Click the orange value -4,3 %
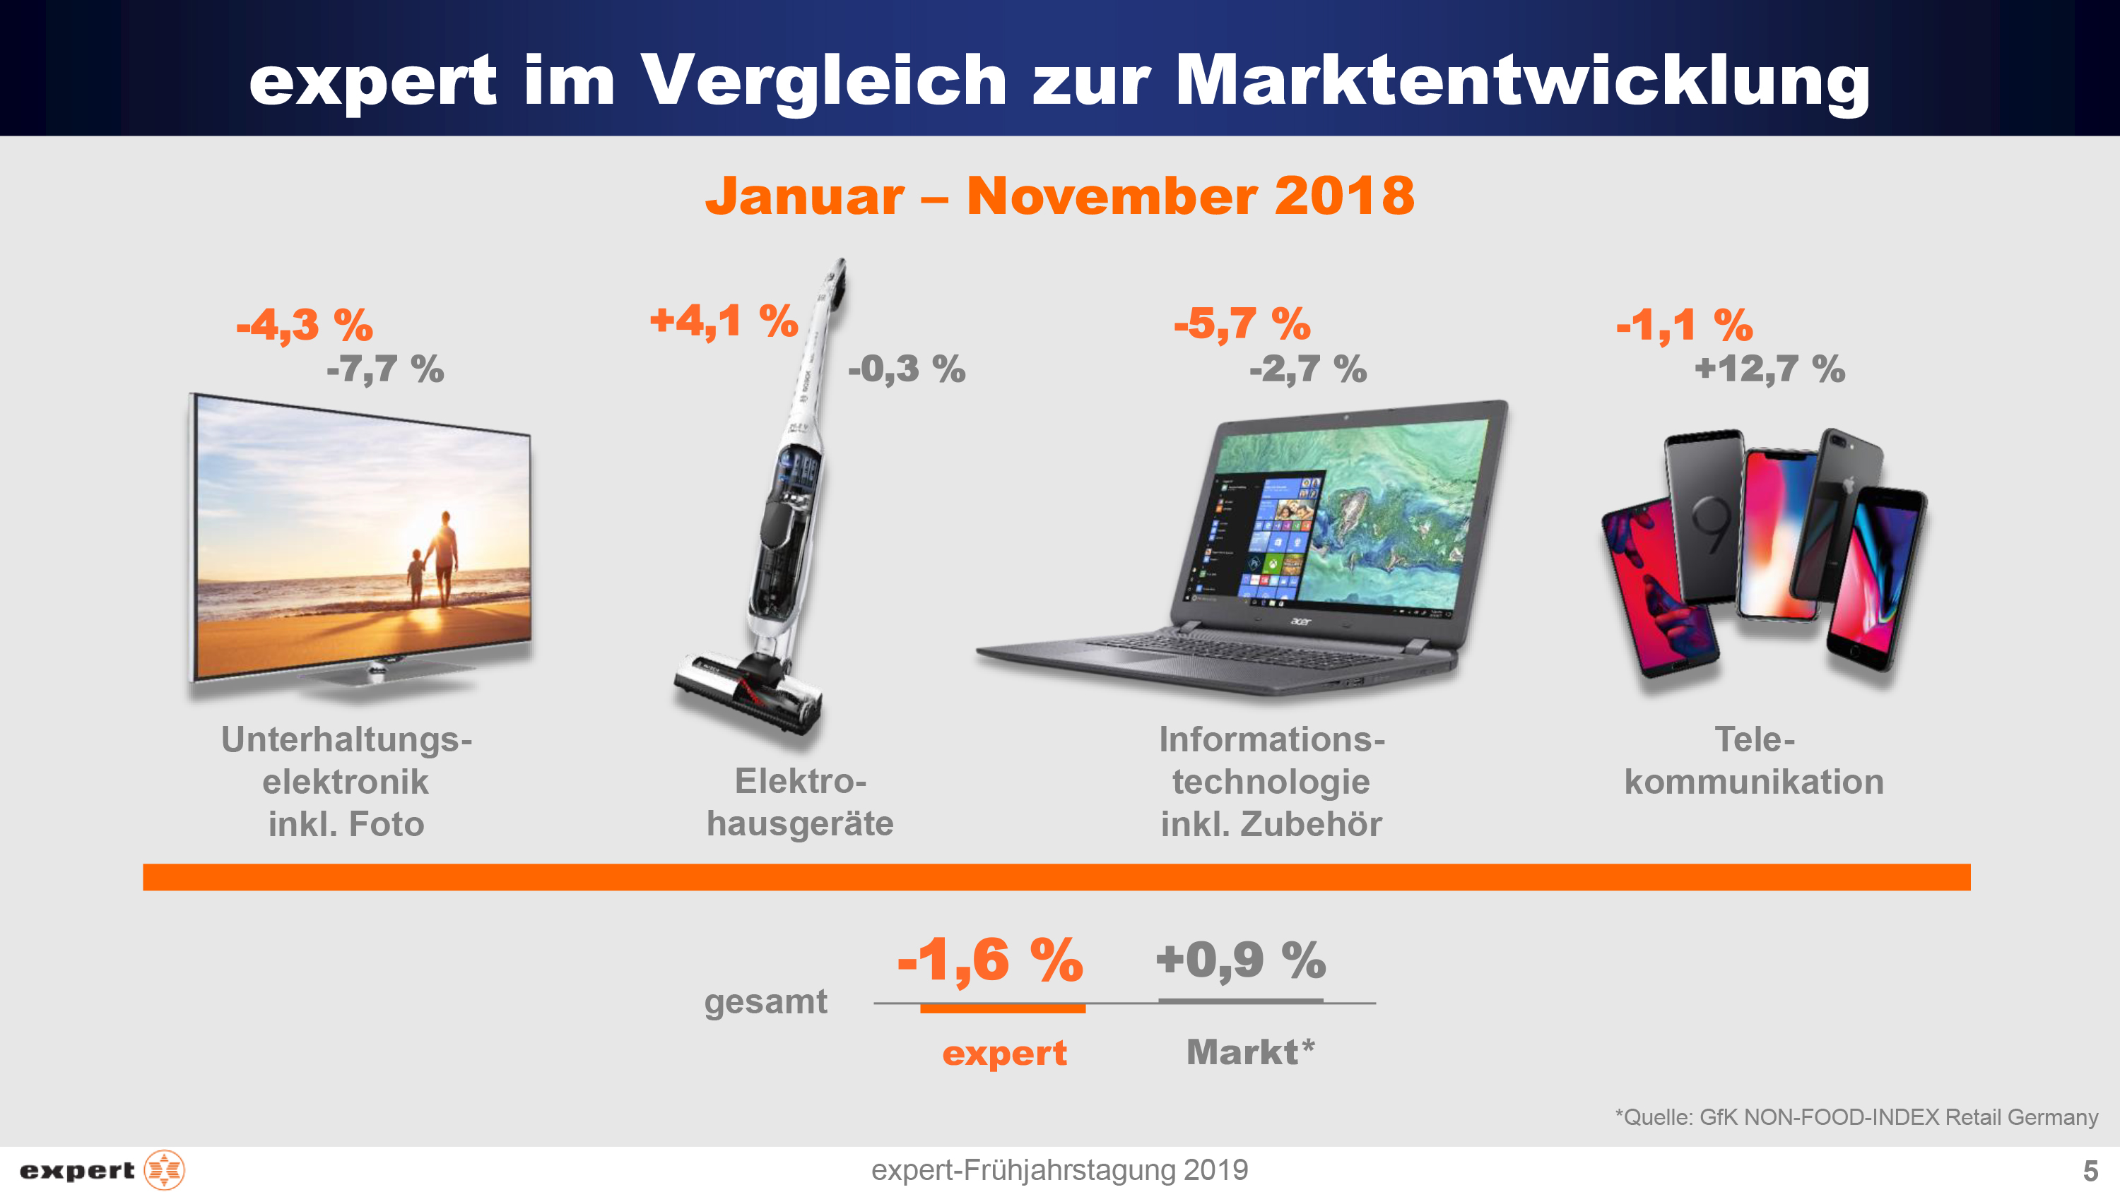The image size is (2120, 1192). click(x=305, y=325)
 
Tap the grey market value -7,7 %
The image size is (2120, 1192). click(x=385, y=369)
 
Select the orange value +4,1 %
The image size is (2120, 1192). click(x=724, y=321)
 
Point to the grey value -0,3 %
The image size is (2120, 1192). click(x=906, y=369)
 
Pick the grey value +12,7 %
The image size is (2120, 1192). click(x=1769, y=369)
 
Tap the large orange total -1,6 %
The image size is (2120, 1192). click(x=990, y=960)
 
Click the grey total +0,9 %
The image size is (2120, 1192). click(x=1240, y=960)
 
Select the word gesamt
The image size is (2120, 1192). click(x=765, y=1002)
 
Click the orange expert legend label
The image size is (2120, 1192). click(x=1004, y=1053)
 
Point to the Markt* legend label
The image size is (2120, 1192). click(x=1250, y=1052)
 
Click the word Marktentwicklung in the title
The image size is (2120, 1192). click(x=1523, y=81)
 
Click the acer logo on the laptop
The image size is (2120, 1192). click(x=1300, y=621)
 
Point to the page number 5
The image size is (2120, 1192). click(x=2090, y=1170)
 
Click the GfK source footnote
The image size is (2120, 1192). click(x=1856, y=1117)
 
